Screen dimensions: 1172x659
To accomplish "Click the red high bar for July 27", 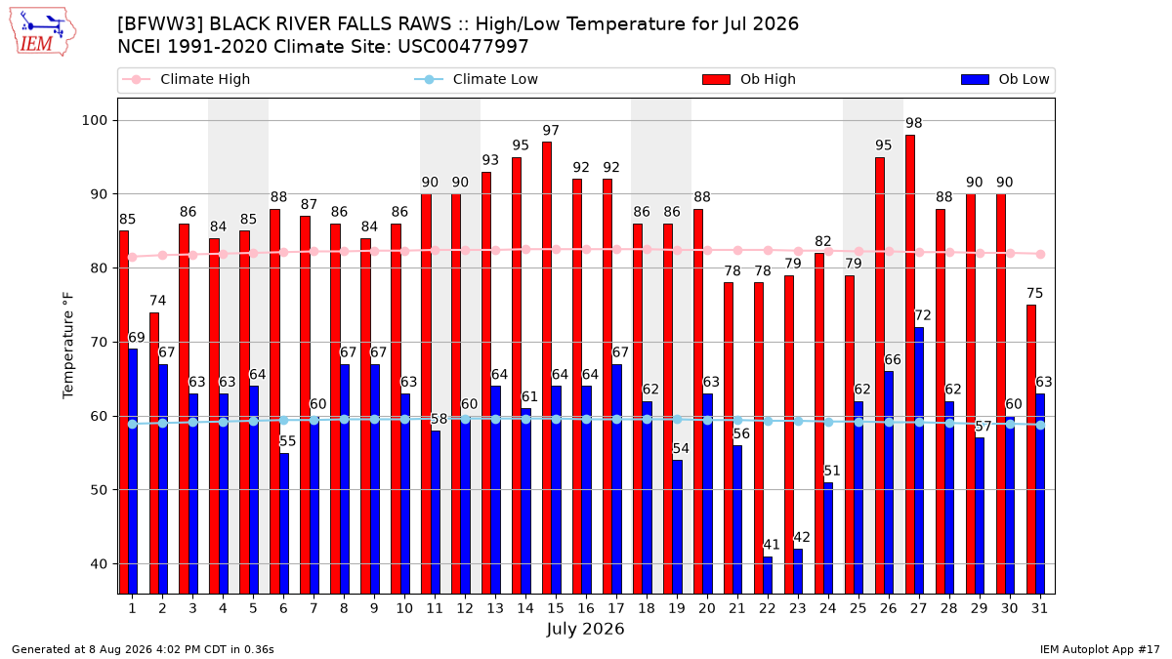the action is (910, 364).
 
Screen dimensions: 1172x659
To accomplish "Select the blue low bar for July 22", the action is (768, 575).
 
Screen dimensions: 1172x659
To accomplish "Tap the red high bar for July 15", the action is (547, 368).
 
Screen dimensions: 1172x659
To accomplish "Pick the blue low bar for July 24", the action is (828, 538).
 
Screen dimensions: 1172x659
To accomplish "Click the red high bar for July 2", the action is (154, 453).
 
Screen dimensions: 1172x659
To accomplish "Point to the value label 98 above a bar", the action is (913, 123).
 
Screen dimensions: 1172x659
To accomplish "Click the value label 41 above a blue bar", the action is (772, 545).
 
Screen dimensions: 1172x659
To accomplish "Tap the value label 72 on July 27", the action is (922, 315).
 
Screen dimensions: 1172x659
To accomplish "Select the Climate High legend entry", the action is (187, 79).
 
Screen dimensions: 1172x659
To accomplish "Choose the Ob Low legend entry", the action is (1005, 79).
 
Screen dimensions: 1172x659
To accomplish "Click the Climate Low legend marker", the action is (429, 79).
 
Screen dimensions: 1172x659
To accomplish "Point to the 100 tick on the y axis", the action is (94, 120).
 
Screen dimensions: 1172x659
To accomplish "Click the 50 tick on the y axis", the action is (99, 490).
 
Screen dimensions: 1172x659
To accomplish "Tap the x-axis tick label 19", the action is (677, 608).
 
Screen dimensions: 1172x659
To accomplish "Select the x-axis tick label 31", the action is (1039, 608).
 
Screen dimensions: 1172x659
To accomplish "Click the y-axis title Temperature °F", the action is (68, 346).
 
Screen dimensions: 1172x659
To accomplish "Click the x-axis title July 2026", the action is (585, 628).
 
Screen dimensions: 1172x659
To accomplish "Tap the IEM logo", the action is (43, 32).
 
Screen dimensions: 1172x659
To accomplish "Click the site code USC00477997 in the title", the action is (463, 47).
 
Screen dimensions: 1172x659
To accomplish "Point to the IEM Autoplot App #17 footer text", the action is (1100, 649).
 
